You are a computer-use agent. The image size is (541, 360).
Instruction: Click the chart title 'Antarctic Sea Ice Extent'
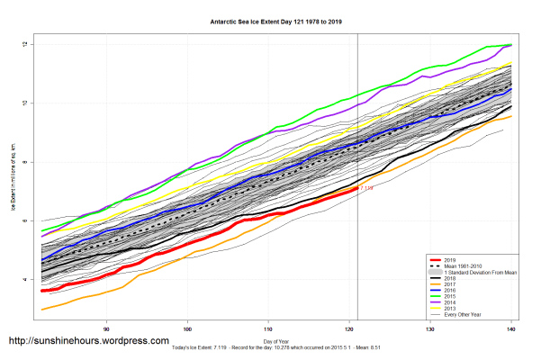(270, 19)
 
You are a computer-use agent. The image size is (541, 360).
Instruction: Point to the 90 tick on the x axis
(107, 328)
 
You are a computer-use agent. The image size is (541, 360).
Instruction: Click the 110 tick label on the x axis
(269, 328)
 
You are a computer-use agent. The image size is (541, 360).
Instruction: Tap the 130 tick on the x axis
(431, 328)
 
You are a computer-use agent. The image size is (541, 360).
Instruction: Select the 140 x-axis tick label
(512, 328)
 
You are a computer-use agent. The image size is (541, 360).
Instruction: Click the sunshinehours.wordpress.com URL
(88, 342)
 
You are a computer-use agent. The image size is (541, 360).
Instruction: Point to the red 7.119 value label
(366, 189)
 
